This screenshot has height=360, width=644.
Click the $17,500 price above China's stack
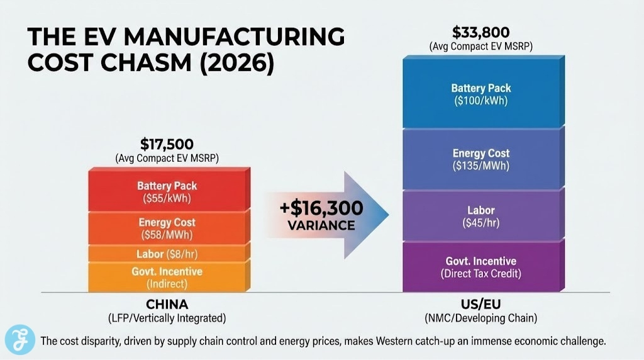[x=167, y=143]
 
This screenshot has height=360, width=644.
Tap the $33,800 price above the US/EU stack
[x=481, y=31]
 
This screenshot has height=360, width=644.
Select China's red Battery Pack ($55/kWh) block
[x=167, y=191]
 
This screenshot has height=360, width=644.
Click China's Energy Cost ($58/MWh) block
[x=167, y=228]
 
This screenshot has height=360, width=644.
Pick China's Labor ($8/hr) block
[x=167, y=254]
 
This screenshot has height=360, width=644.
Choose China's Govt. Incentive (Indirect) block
[x=167, y=277]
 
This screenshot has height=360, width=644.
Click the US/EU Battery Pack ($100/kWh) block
[x=481, y=94]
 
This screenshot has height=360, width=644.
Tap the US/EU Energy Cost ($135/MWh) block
[x=481, y=159]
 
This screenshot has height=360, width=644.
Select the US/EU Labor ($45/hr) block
[x=481, y=216]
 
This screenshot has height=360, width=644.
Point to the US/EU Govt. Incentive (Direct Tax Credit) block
[x=481, y=267]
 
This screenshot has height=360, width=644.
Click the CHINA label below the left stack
[x=167, y=305]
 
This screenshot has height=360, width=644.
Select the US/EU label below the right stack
[x=481, y=305]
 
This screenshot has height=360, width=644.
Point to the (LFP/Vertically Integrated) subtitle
[x=167, y=318]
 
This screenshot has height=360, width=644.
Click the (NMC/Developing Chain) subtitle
[x=481, y=318]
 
